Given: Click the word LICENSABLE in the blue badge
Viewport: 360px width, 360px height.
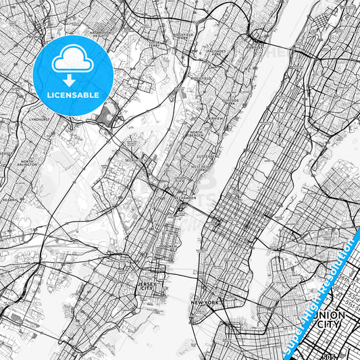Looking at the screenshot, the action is pyautogui.click(x=73, y=95).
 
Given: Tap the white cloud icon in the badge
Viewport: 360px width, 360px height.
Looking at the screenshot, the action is pyautogui.click(x=73, y=61).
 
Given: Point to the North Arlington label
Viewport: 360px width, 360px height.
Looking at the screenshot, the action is pyautogui.click(x=26, y=163).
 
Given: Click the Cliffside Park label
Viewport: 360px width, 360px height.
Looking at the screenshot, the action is pyautogui.click(x=232, y=101).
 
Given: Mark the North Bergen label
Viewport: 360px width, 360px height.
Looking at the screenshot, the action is pyautogui.click(x=197, y=134).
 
